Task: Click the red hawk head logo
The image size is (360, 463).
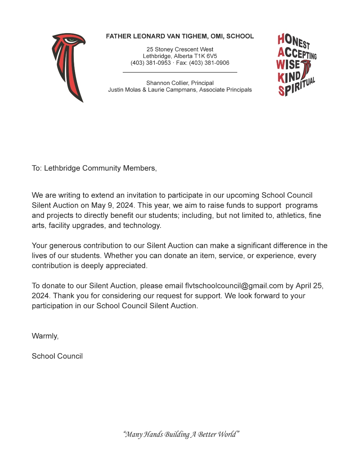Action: pos(68,65)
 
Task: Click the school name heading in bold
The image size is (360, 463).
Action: pos(180,36)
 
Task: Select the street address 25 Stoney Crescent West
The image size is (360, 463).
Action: pos(180,49)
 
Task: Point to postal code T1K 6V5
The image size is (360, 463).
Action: pos(206,56)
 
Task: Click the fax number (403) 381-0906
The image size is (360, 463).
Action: pos(209,63)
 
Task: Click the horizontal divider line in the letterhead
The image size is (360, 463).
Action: pos(180,72)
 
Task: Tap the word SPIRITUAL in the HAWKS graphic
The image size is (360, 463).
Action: pos(297,86)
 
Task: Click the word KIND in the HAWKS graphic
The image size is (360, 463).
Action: pos(289,77)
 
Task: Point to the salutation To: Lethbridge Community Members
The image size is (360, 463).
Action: pos(94,168)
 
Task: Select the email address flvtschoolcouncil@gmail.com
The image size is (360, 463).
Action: pos(234,286)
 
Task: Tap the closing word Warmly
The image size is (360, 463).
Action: pos(45,336)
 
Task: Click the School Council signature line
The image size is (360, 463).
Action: pos(57,356)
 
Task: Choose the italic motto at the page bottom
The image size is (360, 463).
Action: pos(181,434)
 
